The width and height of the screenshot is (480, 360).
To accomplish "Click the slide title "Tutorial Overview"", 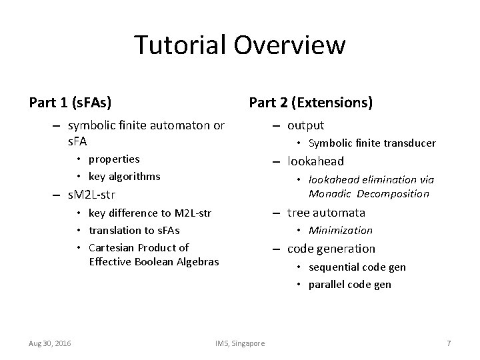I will click(x=240, y=45).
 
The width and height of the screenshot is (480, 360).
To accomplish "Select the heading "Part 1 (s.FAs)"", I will click(x=70, y=103).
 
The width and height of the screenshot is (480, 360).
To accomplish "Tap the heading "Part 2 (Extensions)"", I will click(x=311, y=103).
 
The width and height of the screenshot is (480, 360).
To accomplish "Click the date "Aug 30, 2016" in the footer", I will click(x=51, y=343).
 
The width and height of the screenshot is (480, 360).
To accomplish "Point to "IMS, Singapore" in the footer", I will click(x=240, y=343).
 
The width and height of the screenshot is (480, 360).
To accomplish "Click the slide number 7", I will click(x=449, y=343).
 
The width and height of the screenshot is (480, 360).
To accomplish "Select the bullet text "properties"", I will click(x=114, y=159).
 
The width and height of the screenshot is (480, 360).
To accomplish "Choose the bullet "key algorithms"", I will click(x=125, y=176).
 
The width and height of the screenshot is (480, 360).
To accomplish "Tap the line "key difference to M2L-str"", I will click(x=150, y=213).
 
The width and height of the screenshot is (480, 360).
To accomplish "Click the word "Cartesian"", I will click(x=111, y=248).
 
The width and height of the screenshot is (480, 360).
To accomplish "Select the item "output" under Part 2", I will click(x=305, y=125).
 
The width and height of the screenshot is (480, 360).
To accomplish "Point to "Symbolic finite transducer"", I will click(x=372, y=143).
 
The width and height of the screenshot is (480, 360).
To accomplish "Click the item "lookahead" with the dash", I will click(x=315, y=161).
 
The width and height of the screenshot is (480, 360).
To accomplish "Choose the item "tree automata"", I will click(x=326, y=213).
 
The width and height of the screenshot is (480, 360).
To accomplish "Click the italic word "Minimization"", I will click(x=340, y=231).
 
